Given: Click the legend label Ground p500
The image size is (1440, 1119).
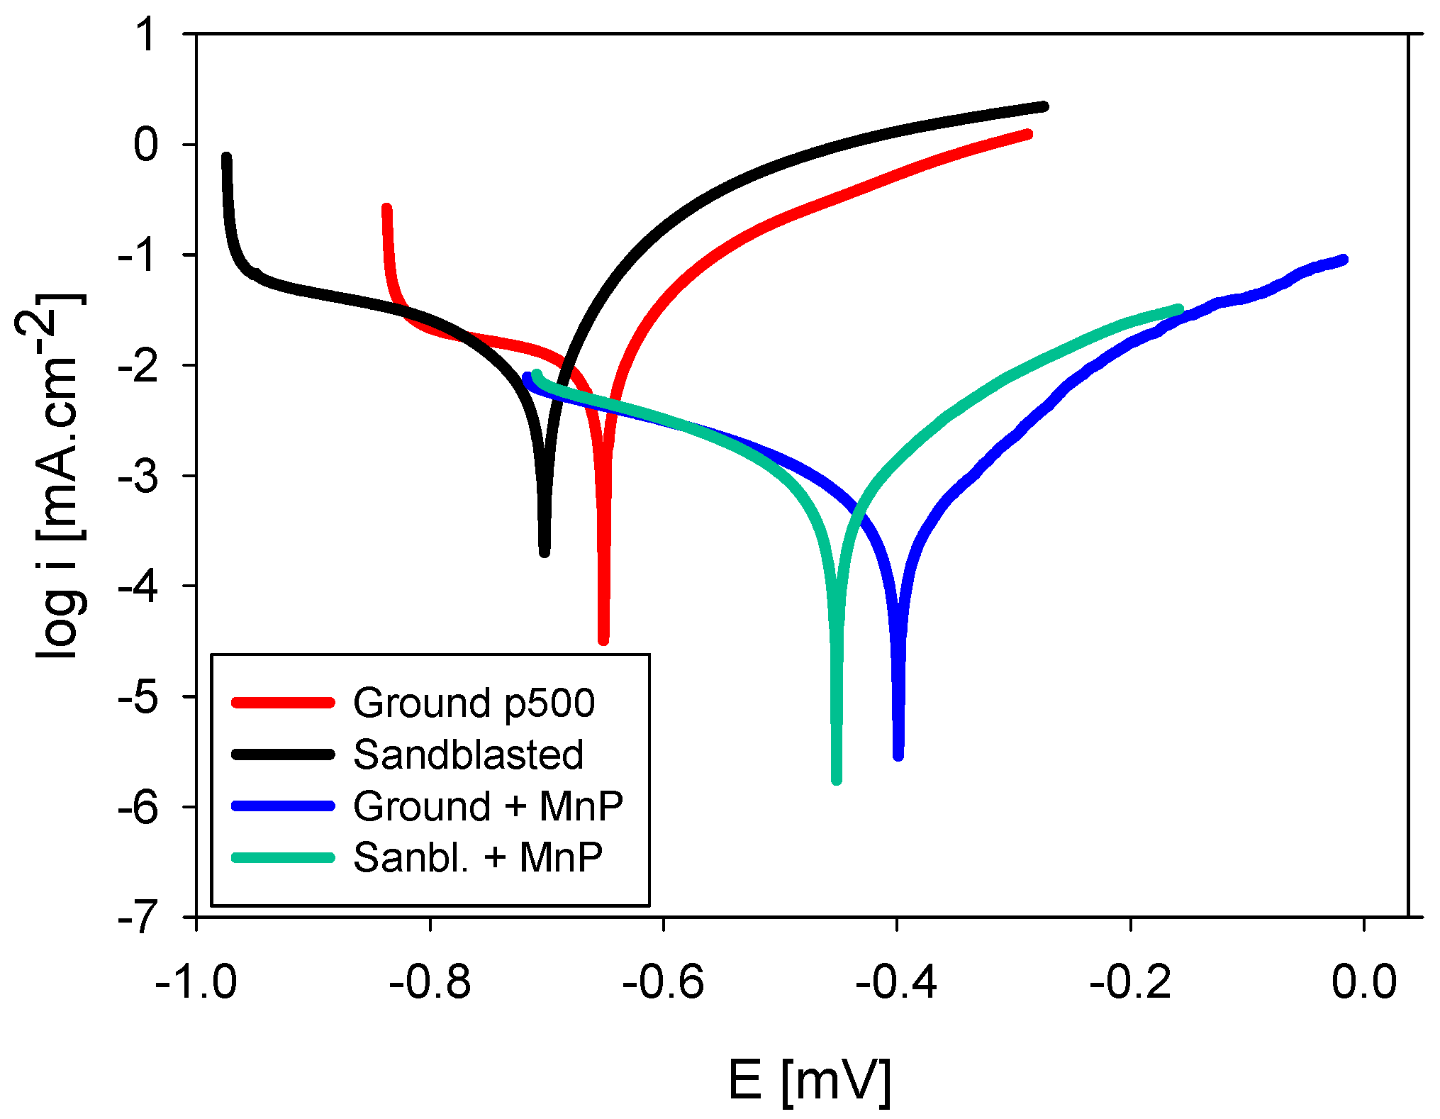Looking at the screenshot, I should (x=474, y=703).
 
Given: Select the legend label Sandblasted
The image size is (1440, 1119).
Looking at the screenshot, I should (x=468, y=755).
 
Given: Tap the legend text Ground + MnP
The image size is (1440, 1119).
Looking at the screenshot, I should (x=488, y=806).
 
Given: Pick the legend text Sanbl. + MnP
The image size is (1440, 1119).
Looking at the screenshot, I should (x=478, y=857).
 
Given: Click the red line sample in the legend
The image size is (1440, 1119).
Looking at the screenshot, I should (x=283, y=703).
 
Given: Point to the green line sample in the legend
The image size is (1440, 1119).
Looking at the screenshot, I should (x=283, y=858).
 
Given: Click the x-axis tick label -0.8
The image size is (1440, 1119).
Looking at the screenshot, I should (x=430, y=983).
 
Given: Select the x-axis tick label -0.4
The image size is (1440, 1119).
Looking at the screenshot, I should (x=896, y=983).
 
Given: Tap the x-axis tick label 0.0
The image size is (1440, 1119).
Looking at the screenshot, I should (x=1364, y=983).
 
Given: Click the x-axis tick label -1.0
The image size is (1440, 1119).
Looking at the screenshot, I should (x=196, y=983).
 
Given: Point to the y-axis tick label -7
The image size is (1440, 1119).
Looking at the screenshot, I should (x=138, y=918).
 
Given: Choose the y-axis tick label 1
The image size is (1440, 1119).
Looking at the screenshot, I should (x=147, y=34).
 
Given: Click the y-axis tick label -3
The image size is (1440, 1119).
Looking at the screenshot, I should (x=138, y=477).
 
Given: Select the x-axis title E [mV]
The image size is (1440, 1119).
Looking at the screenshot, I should (x=809, y=1080).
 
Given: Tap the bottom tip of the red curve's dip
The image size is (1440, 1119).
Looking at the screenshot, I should (x=603, y=641).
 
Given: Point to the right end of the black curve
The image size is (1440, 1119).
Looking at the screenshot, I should (x=1044, y=106).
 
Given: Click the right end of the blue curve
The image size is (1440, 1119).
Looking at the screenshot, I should (x=1344, y=260).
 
